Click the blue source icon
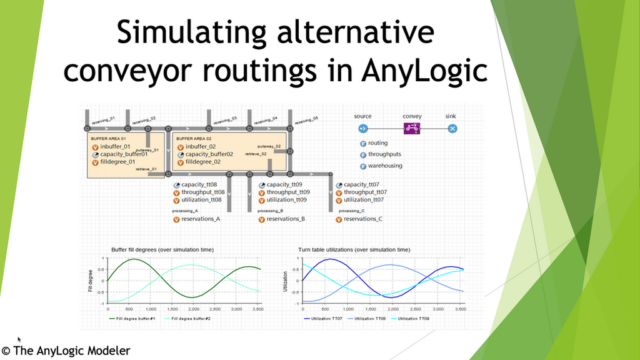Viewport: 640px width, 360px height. point(362,129)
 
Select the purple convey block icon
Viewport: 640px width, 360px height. point(412,129)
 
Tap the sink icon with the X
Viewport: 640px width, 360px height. point(452,129)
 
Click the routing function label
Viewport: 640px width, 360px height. point(377,143)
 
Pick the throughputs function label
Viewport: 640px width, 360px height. point(385,154)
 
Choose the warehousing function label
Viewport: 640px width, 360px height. point(385,166)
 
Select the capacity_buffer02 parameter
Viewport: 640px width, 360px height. point(209,154)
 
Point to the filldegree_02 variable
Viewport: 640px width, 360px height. point(203,161)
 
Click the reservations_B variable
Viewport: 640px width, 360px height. point(286,219)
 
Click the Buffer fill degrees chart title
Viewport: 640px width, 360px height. point(162,249)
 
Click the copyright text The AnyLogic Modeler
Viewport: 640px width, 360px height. point(66,351)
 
